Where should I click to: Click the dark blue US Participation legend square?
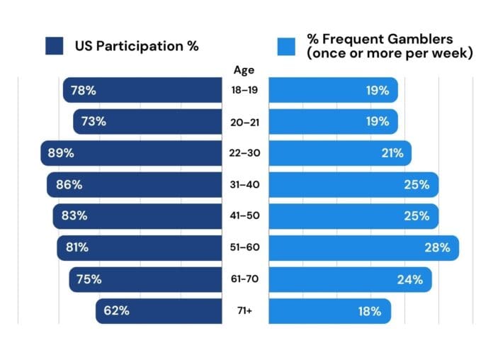(55, 46)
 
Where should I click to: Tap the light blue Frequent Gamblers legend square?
(286, 46)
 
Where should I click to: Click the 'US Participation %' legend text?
(137, 46)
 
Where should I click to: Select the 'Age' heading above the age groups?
(244, 69)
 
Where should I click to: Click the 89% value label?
(60, 153)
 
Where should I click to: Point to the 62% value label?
(115, 310)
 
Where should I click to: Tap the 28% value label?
(437, 247)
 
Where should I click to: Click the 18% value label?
(369, 310)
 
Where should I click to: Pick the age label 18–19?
(244, 90)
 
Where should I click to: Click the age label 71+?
(244, 310)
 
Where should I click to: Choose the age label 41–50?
(244, 216)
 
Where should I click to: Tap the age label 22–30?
(244, 153)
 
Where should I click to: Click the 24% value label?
(410, 279)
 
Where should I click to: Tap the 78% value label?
(83, 90)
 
